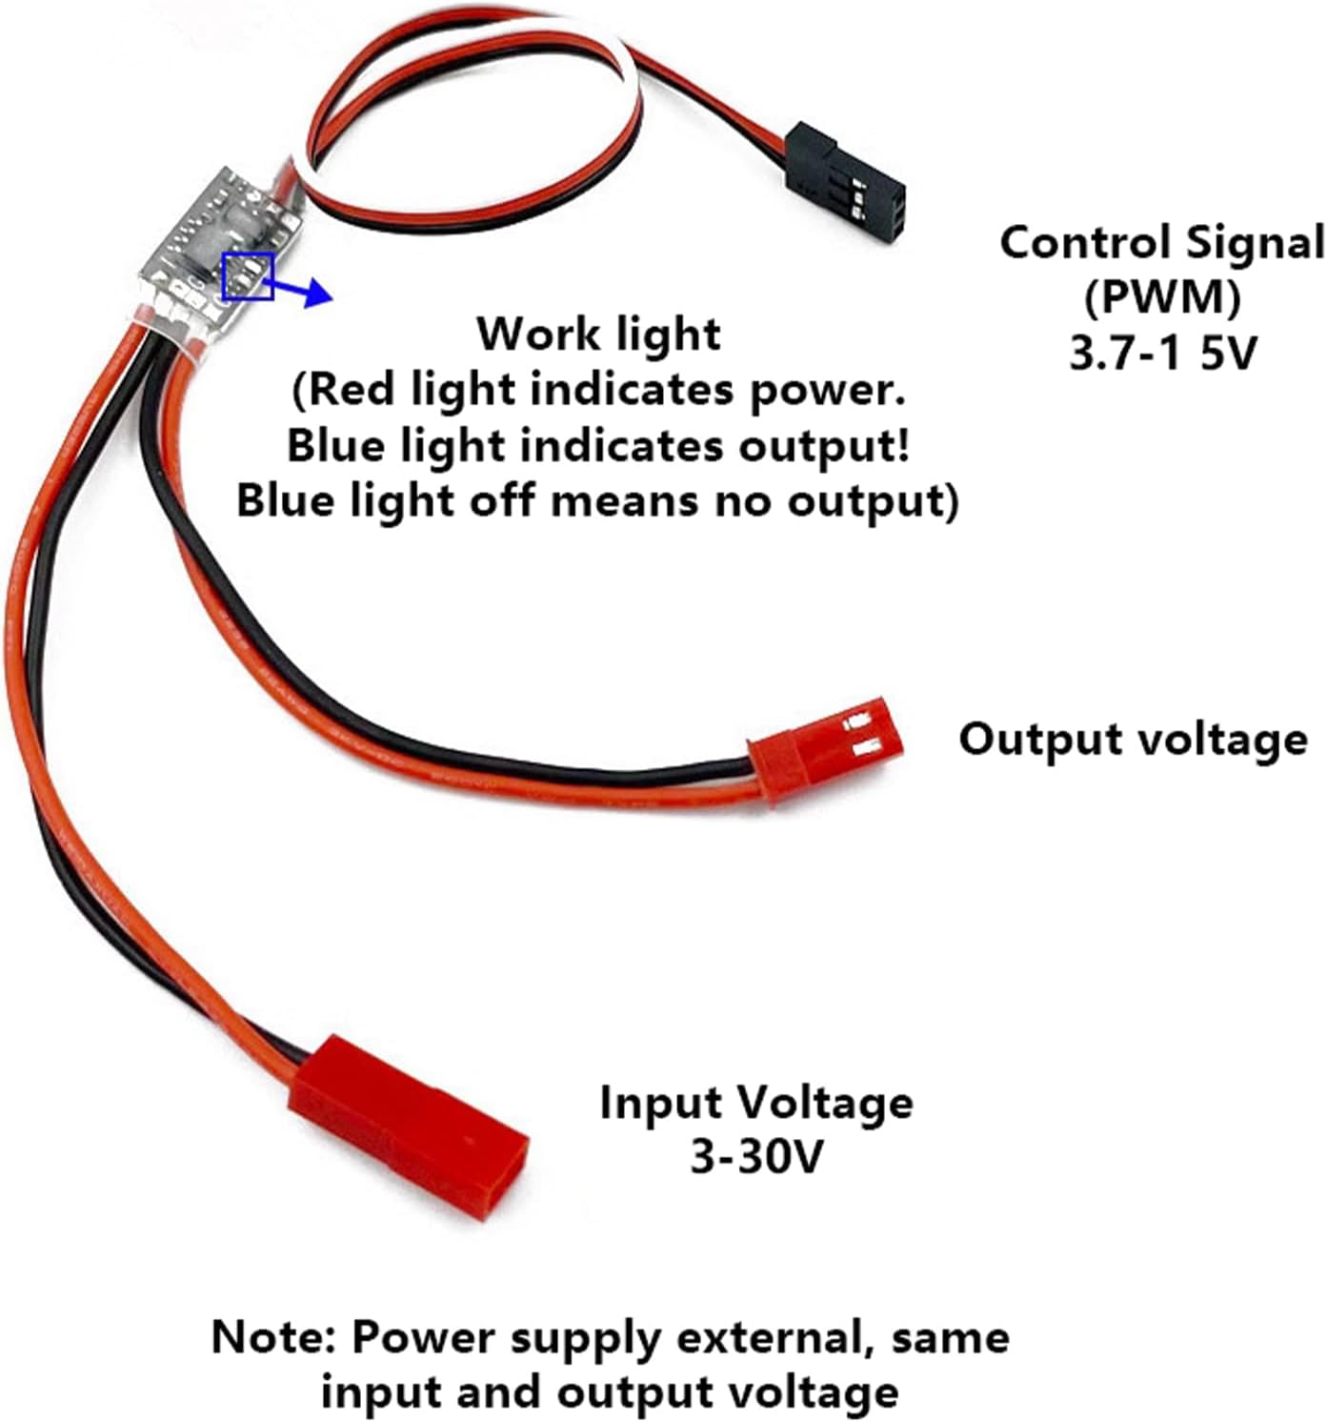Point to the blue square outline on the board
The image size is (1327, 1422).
tap(248, 276)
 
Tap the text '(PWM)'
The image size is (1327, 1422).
tap(1161, 298)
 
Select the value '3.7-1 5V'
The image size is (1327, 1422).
tap(1162, 354)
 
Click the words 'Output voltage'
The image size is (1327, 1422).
tap(1133, 739)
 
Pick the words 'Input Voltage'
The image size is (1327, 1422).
tap(755, 1103)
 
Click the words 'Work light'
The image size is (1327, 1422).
tap(598, 334)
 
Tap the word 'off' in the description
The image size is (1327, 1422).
tap(505, 499)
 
